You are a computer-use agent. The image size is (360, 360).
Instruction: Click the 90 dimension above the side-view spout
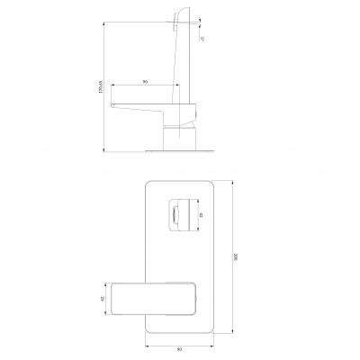pos(145,82)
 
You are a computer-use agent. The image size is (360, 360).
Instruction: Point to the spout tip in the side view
pos(113,103)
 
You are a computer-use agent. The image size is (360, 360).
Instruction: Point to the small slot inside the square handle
pos(174,214)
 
